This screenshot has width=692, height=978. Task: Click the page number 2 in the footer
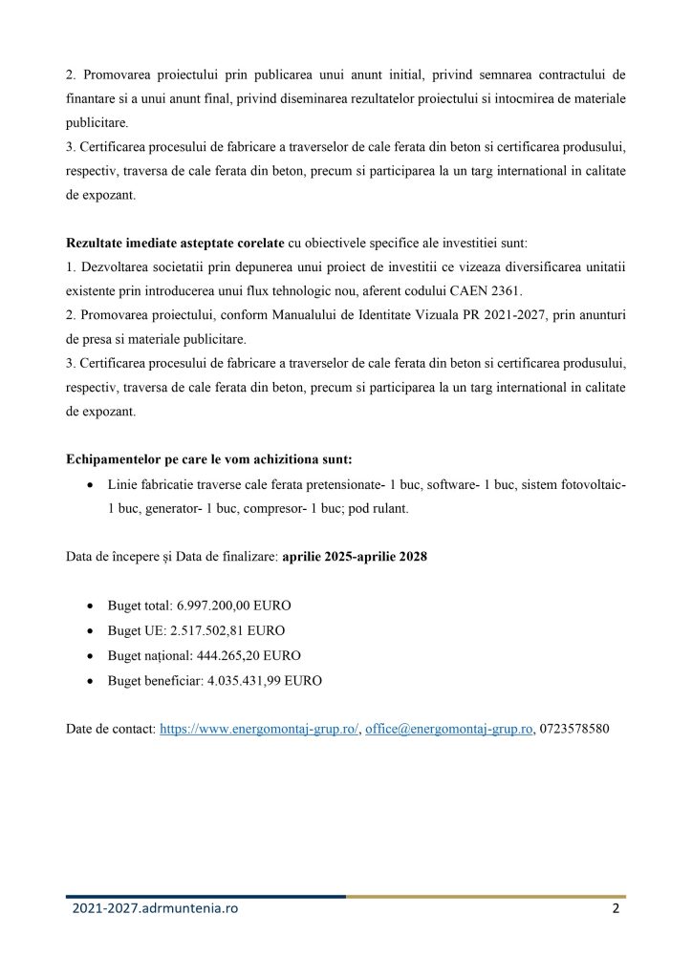616,910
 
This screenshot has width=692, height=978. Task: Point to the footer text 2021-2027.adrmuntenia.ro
155,910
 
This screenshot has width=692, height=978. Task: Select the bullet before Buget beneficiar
90,682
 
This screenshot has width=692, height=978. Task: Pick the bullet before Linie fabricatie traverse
90,485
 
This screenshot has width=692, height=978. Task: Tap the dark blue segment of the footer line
205,896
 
